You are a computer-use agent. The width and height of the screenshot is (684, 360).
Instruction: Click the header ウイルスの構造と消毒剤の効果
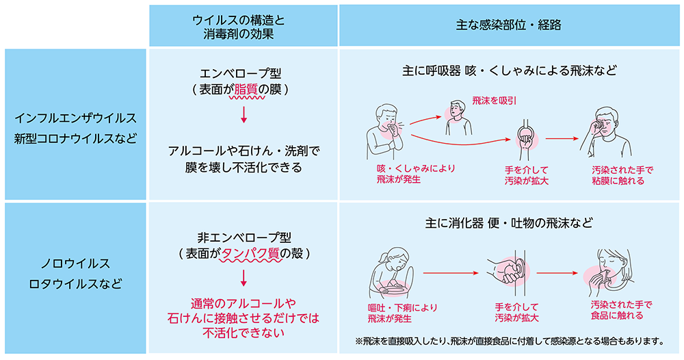point(244,26)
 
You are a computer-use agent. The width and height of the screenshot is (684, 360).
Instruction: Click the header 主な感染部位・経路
point(509,26)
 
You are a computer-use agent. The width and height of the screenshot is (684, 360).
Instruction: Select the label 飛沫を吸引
point(494,101)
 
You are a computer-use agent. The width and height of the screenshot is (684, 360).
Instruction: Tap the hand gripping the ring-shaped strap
point(525,137)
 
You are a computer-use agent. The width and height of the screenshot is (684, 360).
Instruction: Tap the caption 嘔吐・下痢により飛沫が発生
point(402,313)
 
